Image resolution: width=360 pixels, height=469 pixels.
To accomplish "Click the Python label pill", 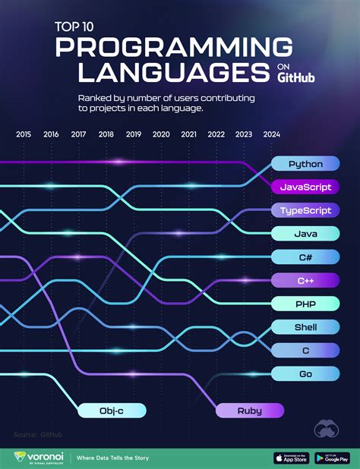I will point(305,164).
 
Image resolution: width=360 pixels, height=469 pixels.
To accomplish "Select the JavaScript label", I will point(305,187).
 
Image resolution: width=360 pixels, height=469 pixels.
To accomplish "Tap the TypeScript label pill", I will point(305,210).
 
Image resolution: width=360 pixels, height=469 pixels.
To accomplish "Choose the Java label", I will point(305,234).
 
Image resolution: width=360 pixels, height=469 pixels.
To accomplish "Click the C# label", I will point(305,257).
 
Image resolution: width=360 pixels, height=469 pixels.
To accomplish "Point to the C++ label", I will point(305,281).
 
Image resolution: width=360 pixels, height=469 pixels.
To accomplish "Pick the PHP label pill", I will point(305,304).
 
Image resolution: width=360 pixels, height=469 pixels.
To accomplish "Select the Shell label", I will point(305,327).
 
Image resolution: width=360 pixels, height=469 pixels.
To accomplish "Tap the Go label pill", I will point(305,373).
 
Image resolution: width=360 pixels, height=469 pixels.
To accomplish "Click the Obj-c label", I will point(111,411).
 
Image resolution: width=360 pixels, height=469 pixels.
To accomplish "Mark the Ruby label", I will point(249,411).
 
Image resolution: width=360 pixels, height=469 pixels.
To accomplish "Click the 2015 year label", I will point(24,134).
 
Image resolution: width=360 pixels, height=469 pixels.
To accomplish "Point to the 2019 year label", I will point(134,134).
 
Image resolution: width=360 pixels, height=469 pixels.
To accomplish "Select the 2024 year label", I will point(271,134).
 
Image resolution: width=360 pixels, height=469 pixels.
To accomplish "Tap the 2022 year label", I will point(216,134).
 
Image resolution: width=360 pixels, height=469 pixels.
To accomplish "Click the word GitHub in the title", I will point(296,77).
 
